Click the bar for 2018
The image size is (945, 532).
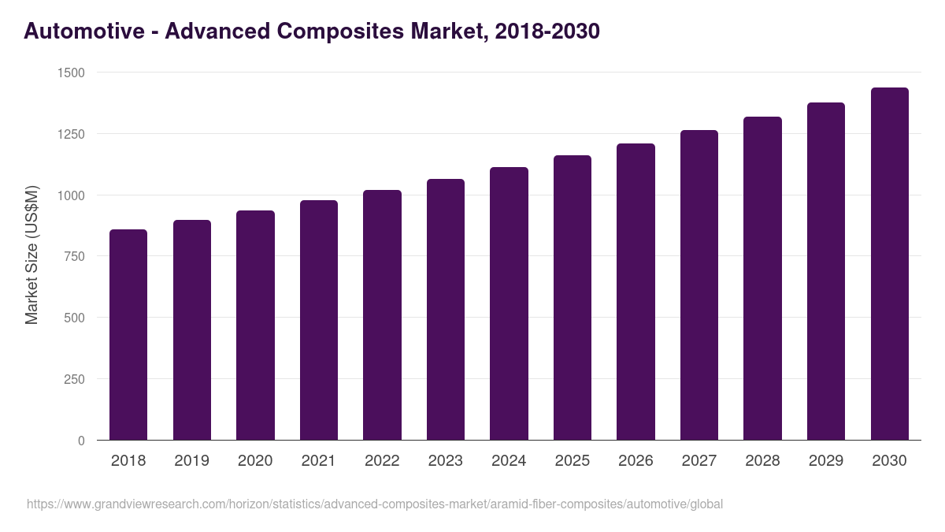pos(128,335)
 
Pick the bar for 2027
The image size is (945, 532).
pos(699,285)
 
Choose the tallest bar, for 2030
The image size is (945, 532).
pos(889,264)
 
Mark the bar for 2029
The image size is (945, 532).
pos(826,271)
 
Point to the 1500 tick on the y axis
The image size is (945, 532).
pos(72,73)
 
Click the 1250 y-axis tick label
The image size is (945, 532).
pos(72,134)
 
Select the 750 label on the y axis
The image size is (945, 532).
pos(75,256)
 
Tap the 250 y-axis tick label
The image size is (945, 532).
pos(75,379)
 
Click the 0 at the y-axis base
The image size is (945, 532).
pos(81,441)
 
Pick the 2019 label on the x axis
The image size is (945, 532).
pos(191,461)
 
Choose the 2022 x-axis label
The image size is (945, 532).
pos(382,461)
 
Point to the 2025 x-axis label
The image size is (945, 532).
pos(573,461)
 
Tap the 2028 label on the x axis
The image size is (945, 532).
pos(762,461)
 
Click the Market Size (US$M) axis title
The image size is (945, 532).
pos(31,255)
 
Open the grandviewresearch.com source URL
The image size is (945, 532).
pos(375,504)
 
